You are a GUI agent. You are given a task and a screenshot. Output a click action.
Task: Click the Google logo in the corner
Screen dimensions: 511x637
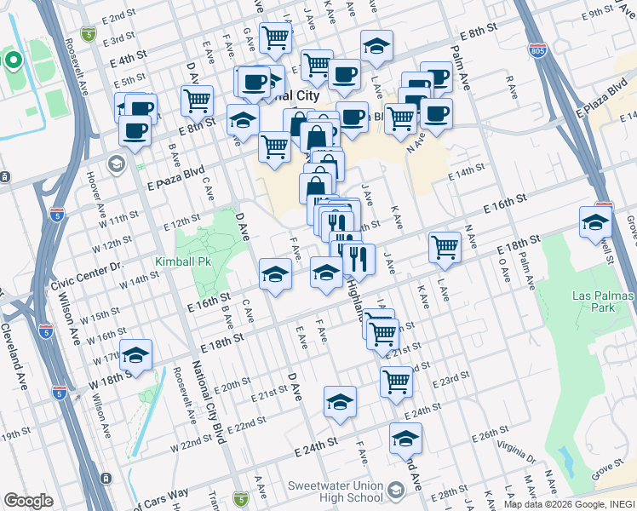[28, 500]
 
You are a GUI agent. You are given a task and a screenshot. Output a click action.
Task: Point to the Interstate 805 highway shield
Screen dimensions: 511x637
[537, 49]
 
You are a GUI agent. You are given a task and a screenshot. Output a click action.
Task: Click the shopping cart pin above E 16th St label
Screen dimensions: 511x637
[445, 247]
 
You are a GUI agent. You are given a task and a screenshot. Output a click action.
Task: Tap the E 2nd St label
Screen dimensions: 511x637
[118, 16]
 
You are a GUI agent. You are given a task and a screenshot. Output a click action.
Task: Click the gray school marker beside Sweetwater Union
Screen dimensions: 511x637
[395, 491]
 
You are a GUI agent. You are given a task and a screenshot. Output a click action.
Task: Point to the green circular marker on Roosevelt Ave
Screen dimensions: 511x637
[13, 60]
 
